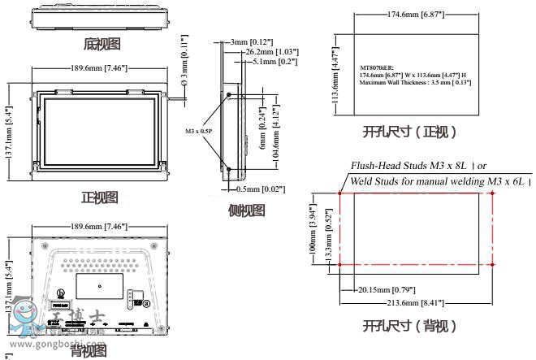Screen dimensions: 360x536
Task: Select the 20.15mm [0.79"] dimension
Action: point(387,290)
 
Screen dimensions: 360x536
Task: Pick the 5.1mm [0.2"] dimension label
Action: point(273,61)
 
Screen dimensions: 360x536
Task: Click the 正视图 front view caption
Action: point(99,197)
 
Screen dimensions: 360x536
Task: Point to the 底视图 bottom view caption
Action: point(102,43)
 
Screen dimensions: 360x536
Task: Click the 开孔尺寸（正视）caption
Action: point(409,132)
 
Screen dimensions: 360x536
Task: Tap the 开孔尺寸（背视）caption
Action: point(409,327)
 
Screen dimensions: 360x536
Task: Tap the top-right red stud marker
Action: point(494,194)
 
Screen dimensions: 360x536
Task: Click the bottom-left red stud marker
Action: point(339,264)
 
